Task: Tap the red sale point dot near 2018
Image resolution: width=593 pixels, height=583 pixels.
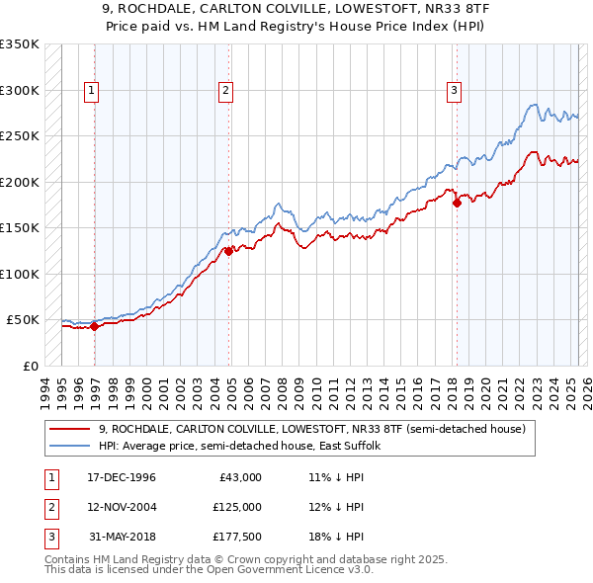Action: tap(457, 204)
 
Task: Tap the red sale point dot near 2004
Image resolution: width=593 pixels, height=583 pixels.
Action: tap(228, 251)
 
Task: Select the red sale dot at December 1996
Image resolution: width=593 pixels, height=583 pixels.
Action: tap(94, 326)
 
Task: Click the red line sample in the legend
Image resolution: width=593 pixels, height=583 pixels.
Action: tap(71, 429)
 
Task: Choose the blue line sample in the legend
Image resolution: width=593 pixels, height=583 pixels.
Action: tap(71, 446)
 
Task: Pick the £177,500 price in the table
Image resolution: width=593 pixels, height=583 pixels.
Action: tap(237, 537)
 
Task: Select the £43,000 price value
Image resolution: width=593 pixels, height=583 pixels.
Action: tap(240, 477)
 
